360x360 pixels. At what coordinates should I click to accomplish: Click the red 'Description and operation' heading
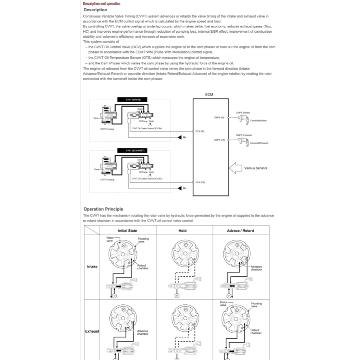point(101,4)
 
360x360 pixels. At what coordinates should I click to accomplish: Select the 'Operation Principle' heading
point(103,209)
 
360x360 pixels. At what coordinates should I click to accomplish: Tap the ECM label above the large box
point(209,95)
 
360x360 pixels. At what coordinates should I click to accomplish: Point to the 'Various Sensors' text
point(256,168)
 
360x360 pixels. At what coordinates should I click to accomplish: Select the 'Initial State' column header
point(127,231)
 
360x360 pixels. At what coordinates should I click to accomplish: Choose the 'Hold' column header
point(182,231)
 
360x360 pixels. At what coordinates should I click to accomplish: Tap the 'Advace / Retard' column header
point(240,231)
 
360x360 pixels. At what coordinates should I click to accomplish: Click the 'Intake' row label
point(92,266)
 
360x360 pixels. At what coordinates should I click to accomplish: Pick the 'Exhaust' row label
point(92,332)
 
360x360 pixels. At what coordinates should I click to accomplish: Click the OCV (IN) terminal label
point(200,131)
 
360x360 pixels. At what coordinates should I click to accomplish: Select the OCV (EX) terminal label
point(200,182)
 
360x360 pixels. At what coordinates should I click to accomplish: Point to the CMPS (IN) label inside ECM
point(219,117)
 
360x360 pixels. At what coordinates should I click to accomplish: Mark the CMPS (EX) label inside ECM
point(219,140)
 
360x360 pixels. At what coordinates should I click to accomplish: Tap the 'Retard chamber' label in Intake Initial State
point(143,267)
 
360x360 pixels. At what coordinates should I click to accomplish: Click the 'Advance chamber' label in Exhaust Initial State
point(142,332)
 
